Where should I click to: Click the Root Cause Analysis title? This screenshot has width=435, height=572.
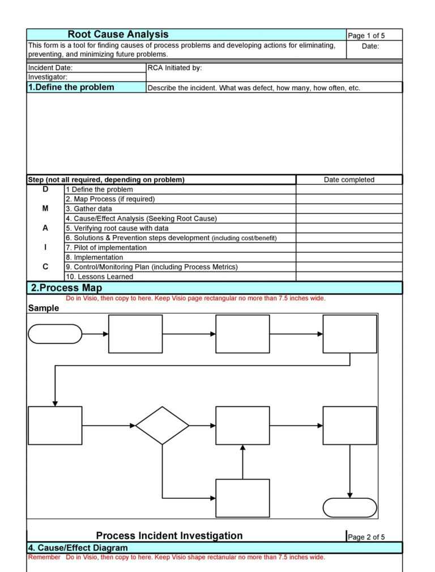118,35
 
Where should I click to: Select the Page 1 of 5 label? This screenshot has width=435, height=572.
366,36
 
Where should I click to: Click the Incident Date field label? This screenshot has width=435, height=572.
50,68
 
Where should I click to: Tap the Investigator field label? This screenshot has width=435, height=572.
48,77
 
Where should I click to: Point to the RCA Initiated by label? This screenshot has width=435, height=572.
174,68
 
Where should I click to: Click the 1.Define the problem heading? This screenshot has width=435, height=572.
71,87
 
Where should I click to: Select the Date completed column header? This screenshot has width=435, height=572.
349,180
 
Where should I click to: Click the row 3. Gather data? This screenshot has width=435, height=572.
89,209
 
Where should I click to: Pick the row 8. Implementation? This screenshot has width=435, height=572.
94,257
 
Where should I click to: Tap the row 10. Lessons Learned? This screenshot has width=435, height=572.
99,277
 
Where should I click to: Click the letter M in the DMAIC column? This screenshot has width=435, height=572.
45,209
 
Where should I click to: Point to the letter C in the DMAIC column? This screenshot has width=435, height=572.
45,266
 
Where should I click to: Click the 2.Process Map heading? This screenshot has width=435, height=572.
66,288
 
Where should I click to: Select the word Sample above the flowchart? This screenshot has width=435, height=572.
44,308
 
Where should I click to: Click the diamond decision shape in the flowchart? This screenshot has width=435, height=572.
162,425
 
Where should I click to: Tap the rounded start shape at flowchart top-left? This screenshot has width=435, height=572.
55,334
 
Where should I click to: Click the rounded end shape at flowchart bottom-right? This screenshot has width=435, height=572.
349,507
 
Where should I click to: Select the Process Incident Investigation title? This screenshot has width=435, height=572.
169,536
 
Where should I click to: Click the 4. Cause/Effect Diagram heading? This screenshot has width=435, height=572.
78,548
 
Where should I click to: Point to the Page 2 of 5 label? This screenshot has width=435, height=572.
366,537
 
